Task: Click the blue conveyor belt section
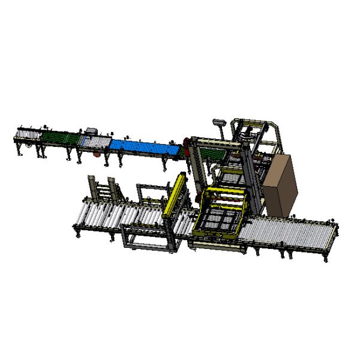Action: (x=144, y=146)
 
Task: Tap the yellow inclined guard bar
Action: (x=175, y=195)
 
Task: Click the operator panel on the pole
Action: (x=220, y=121)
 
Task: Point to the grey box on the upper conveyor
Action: (x=92, y=130)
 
